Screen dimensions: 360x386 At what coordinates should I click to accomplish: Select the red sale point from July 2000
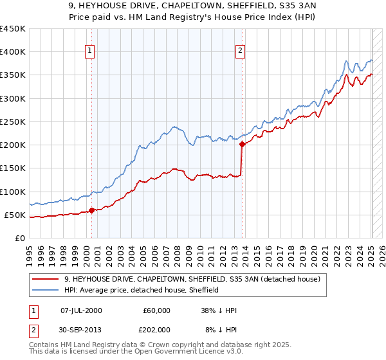[x=91, y=210]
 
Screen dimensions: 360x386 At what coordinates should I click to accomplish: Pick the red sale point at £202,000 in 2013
[x=242, y=145]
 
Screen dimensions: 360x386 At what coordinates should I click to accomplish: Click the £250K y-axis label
[x=13, y=122]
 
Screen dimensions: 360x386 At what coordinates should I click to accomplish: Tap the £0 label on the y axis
[x=20, y=238]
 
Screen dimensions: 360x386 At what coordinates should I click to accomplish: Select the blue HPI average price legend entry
[x=142, y=290]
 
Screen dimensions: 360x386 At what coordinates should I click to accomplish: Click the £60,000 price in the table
[x=156, y=310]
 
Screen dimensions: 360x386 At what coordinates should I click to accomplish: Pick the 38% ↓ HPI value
[x=218, y=310]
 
